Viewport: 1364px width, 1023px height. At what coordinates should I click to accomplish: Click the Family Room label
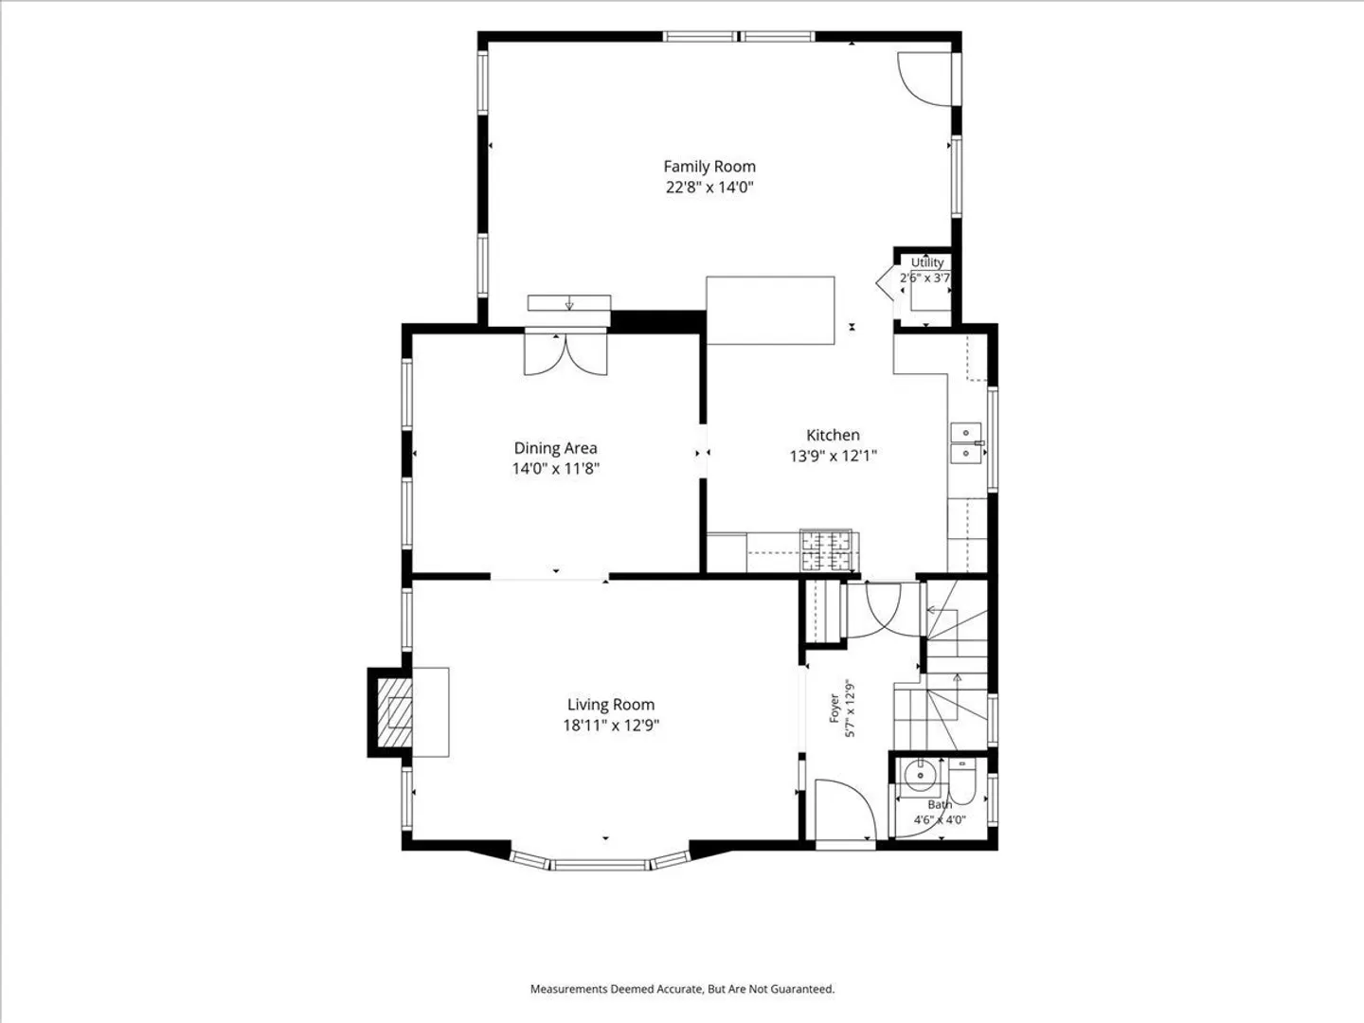coord(709,167)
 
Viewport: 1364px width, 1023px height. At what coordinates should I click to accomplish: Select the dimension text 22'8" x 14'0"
coord(709,187)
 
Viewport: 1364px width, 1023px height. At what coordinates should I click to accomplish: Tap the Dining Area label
coord(555,448)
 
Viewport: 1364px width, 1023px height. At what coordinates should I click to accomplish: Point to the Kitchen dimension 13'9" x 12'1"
coord(833,456)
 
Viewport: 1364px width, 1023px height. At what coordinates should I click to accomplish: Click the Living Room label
coord(611,705)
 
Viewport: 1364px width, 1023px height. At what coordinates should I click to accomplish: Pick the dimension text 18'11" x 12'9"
coord(611,725)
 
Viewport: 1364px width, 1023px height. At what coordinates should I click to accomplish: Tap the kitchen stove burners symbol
coord(827,550)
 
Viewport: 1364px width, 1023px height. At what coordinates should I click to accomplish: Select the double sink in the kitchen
coord(966,443)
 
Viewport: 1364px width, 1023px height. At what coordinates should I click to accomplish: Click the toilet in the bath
coord(962,782)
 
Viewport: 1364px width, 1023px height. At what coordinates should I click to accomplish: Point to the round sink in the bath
coord(917,775)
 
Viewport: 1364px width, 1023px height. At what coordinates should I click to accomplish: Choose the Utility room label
coord(927,262)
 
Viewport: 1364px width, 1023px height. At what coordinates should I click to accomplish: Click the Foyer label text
coord(835,709)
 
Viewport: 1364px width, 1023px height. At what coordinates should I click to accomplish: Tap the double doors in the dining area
coord(566,355)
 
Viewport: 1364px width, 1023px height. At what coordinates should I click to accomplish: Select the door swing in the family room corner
coord(924,80)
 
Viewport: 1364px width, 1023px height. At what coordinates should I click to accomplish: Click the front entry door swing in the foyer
coord(845,810)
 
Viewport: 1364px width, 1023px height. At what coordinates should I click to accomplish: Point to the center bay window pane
coord(601,864)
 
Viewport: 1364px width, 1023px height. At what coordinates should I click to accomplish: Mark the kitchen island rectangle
coord(770,311)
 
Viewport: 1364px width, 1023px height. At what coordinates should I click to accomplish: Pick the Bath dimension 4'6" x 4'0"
coord(940,820)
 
